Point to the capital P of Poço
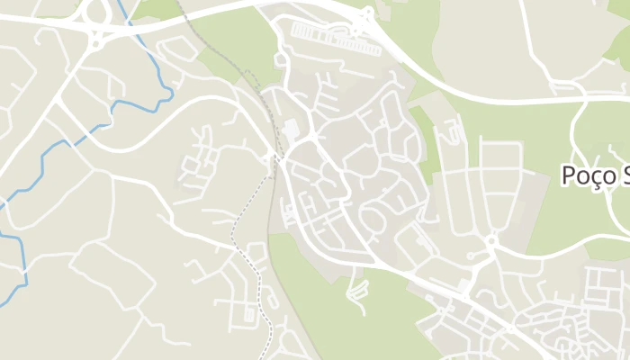coord(570,175)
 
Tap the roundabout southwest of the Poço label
coord(491,240)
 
